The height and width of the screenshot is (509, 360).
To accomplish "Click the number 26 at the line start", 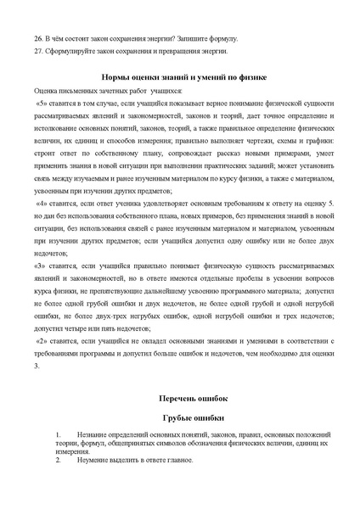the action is pyautogui.click(x=38, y=38).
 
